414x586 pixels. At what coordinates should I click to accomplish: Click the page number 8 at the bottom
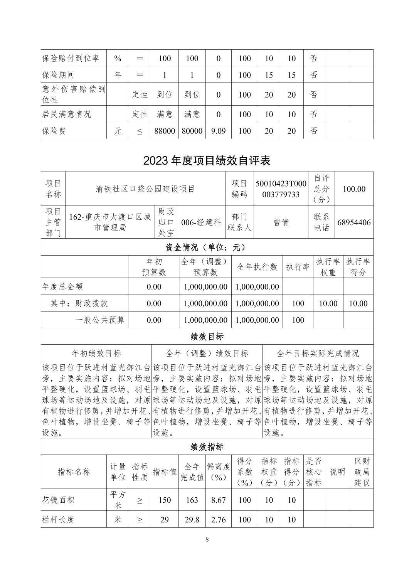point(207,539)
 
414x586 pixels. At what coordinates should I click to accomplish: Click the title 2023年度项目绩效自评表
point(207,160)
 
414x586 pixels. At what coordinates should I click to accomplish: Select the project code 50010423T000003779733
point(281,189)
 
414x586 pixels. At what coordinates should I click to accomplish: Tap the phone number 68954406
point(354,222)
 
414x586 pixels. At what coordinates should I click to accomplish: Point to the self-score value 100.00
point(354,189)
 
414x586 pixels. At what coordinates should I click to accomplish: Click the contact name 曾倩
point(281,222)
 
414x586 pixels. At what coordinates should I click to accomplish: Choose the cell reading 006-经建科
point(201,222)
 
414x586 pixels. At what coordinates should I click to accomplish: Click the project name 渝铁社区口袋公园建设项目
point(145,189)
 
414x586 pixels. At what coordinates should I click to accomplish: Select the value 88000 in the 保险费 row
point(165,131)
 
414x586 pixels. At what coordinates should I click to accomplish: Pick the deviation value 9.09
point(218,131)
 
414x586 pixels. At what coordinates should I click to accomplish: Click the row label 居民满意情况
point(66,115)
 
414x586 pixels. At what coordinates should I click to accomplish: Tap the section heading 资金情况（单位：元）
point(207,247)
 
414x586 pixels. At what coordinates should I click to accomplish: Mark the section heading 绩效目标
point(207,337)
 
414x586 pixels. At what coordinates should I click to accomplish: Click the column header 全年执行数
point(257,267)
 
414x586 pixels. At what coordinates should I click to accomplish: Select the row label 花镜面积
point(58,500)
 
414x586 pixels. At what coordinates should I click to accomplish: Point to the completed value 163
point(192,500)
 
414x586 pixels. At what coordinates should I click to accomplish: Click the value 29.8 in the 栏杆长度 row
point(192,520)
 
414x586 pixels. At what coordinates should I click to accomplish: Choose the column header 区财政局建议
point(362,471)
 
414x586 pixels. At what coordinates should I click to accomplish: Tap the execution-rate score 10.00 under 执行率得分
point(358,303)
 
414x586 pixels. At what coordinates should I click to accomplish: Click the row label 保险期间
point(58,75)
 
